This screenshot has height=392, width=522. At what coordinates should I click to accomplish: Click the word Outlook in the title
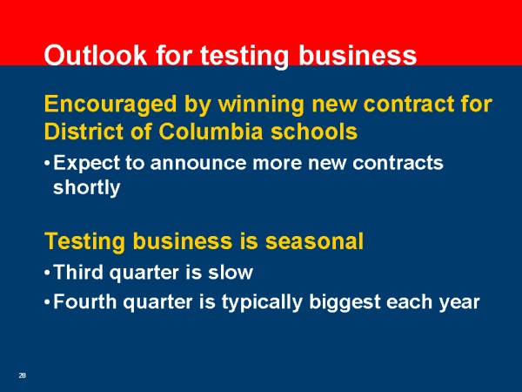(x=96, y=55)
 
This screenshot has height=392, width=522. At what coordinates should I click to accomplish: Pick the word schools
(x=314, y=131)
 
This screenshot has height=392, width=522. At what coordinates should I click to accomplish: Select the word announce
(x=198, y=164)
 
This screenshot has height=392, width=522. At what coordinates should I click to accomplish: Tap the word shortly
(x=86, y=188)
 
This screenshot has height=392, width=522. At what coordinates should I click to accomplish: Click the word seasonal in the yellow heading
(x=314, y=240)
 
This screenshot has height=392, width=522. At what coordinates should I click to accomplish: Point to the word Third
(x=78, y=272)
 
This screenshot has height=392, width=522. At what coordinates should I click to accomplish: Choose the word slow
(x=231, y=272)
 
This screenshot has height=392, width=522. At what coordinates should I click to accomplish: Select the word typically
(x=263, y=303)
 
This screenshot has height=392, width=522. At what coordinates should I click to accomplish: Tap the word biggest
(x=345, y=303)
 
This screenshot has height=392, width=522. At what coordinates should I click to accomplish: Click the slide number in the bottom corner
(x=23, y=375)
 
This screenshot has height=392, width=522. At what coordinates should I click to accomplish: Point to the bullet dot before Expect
(x=47, y=164)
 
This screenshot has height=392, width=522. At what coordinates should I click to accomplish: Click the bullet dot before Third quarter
(x=47, y=273)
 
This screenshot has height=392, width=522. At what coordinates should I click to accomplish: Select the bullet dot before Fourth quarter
(x=47, y=302)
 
